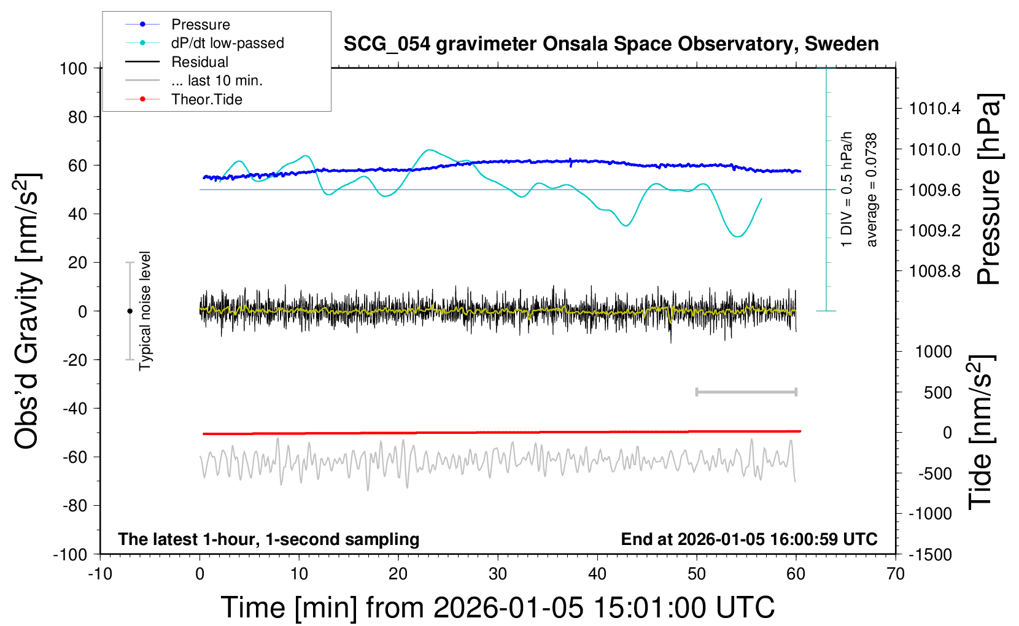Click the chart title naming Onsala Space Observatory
pyautogui.click(x=611, y=44)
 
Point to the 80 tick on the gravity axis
pyautogui.click(x=77, y=117)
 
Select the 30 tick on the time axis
pyautogui.click(x=498, y=574)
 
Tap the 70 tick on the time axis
pyautogui.click(x=896, y=574)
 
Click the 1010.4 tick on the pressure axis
pyautogui.click(x=934, y=109)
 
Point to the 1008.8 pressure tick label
pyautogui.click(x=934, y=271)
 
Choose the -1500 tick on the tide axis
pyautogui.click(x=931, y=555)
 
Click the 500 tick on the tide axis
pyautogui.click(x=937, y=393)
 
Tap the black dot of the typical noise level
pyautogui.click(x=130, y=311)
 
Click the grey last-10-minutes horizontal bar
pyautogui.click(x=746, y=392)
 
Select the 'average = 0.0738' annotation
pyautogui.click(x=872, y=190)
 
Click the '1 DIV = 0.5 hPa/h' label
pyautogui.click(x=847, y=189)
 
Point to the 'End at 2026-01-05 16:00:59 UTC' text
pyautogui.click(x=749, y=539)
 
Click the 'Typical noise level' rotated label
pyautogui.click(x=145, y=311)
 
